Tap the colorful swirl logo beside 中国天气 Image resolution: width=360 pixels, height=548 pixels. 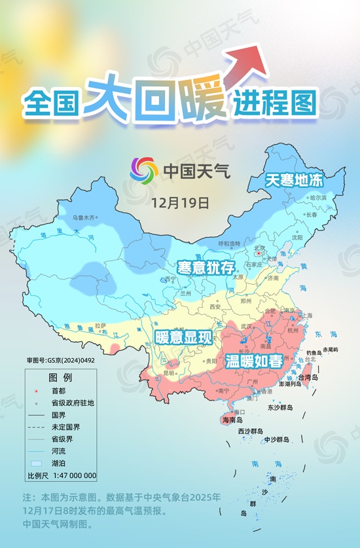coord(144,171)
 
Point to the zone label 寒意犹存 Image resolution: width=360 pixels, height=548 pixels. coord(206,267)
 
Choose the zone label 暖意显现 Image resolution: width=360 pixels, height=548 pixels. coord(184,338)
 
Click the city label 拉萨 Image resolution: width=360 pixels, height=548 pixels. coord(100,325)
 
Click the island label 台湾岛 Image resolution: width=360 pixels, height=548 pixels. coord(308,378)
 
